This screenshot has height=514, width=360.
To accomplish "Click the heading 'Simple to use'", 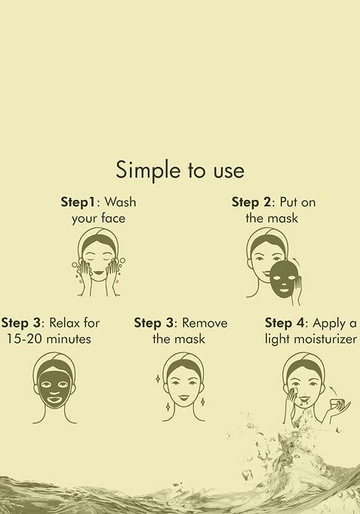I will click(x=180, y=170).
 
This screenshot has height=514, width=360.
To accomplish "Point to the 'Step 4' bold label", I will click(x=288, y=323).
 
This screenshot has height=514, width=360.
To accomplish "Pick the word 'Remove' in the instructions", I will click(x=205, y=323).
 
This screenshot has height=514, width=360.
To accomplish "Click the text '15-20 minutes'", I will click(x=48, y=339).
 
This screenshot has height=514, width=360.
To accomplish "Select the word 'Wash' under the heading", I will click(x=121, y=202).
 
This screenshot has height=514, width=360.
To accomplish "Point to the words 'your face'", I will click(x=94, y=219).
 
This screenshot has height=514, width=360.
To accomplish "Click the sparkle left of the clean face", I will click(x=156, y=378).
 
